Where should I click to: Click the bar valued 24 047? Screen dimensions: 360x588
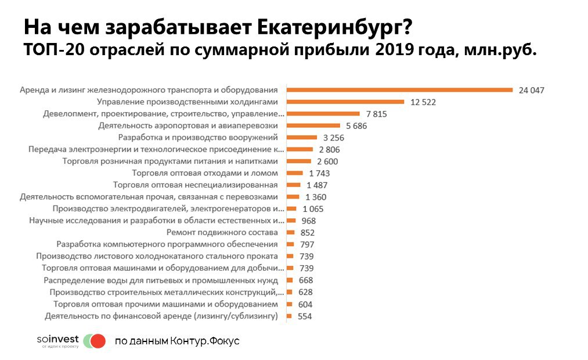pyautogui.click(x=400, y=90)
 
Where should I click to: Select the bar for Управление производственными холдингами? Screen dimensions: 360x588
pyautogui.click(x=346, y=102)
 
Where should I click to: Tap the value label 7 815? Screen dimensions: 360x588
pyautogui.click(x=376, y=114)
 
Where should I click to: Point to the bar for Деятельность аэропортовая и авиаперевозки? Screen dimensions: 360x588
pyautogui.click(x=314, y=125)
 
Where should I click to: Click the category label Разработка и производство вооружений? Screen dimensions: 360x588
pyautogui.click(x=198, y=137)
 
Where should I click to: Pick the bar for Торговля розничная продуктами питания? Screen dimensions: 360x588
pyautogui.click(x=300, y=161)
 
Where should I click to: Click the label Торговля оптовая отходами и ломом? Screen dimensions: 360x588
pyautogui.click(x=205, y=173)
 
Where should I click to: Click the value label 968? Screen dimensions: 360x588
pyautogui.click(x=309, y=221)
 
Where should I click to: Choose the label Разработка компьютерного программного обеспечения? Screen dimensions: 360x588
pyautogui.click(x=167, y=244)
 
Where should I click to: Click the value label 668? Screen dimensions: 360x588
pyautogui.click(x=305, y=280)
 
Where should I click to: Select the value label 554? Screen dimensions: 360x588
pyautogui.click(x=305, y=316)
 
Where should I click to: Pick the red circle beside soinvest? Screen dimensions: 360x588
pyautogui.click(x=99, y=341)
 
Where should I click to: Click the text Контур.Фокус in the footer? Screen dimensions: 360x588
pyautogui.click(x=204, y=341)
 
